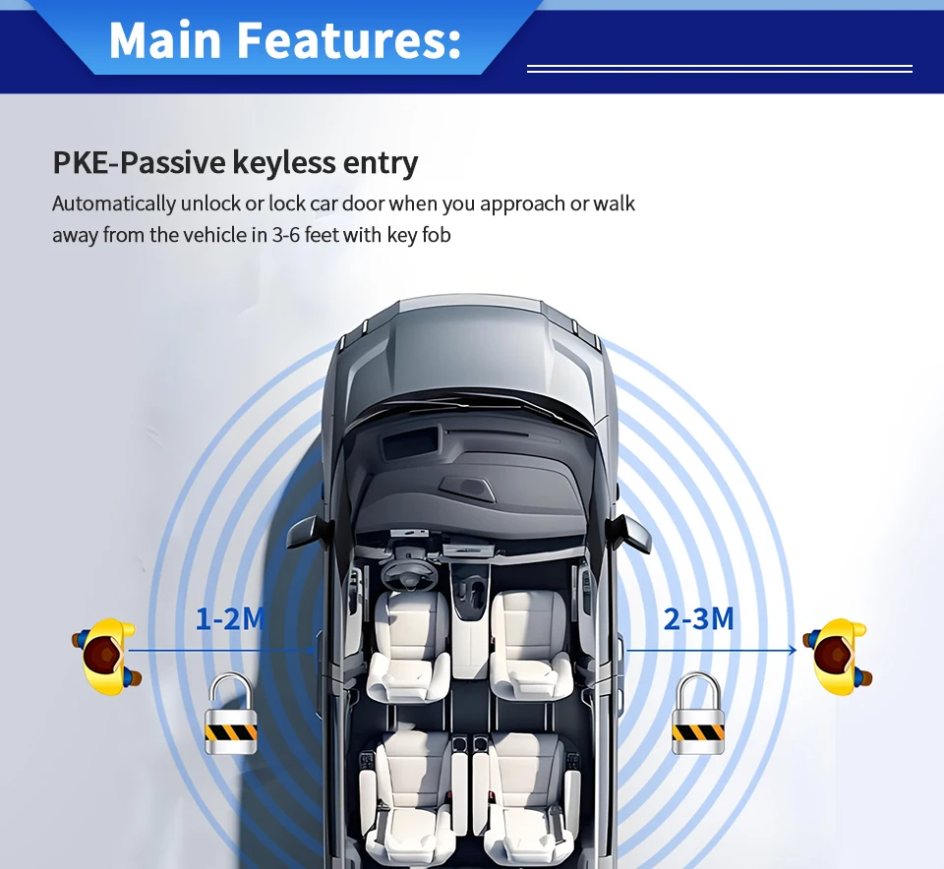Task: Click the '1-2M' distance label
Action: [230, 619]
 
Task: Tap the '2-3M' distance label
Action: [698, 619]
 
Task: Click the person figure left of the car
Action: [106, 656]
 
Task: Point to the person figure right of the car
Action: [839, 656]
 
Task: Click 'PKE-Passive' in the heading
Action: [127, 162]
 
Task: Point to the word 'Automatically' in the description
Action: [113, 204]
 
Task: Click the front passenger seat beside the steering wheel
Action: [529, 639]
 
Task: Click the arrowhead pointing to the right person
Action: [792, 650]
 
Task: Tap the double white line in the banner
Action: [720, 69]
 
